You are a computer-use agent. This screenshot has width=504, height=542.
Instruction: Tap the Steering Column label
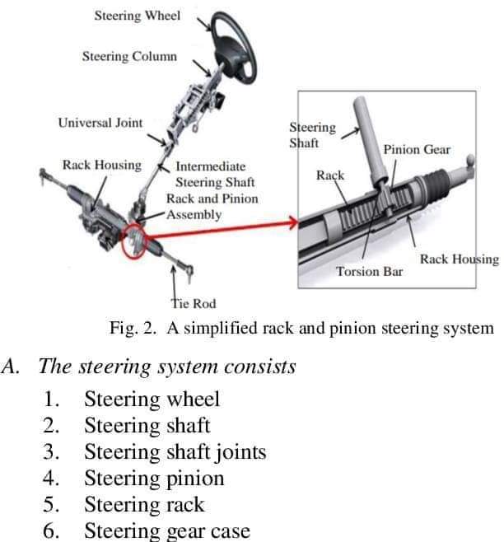tap(129, 56)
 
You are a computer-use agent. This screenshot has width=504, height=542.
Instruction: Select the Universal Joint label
tap(100, 123)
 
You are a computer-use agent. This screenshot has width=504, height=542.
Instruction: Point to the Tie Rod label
tap(193, 303)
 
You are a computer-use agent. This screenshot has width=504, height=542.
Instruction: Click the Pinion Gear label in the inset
tap(417, 149)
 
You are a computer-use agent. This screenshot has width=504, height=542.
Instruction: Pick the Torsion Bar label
tap(370, 271)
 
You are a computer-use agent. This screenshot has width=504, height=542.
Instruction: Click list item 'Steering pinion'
tap(154, 478)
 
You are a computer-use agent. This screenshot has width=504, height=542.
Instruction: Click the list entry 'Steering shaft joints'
tap(175, 451)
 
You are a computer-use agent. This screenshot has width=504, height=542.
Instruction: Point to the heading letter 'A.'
tap(12, 367)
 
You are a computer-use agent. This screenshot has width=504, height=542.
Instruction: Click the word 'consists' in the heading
tap(256, 367)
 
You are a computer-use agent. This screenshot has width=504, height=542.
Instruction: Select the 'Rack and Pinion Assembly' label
tap(212, 206)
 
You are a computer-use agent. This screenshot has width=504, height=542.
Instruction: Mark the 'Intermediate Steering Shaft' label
tap(216, 174)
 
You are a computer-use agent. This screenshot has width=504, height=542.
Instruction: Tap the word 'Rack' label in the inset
tap(330, 175)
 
